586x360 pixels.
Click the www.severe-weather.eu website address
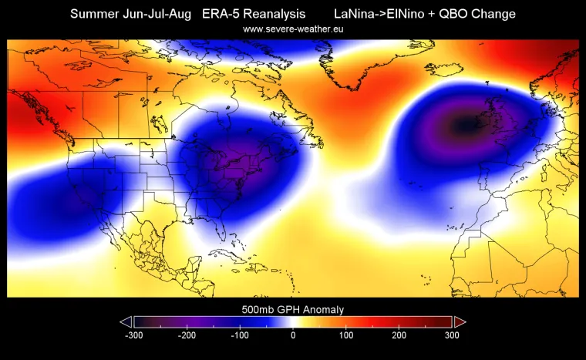[293, 29]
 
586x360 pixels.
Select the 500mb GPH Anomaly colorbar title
[293, 309]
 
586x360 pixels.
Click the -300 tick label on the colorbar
[133, 336]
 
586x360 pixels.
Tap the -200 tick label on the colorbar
[187, 336]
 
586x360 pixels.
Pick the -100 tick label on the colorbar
[240, 336]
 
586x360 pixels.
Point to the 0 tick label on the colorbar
[293, 336]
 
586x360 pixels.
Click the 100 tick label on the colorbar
[346, 336]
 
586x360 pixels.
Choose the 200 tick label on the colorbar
[399, 336]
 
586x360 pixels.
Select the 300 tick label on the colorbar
[452, 336]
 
